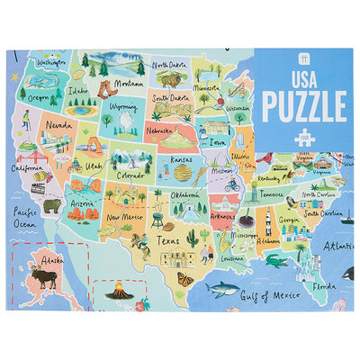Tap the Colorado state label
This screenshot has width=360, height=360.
pyautogui.click(x=132, y=176)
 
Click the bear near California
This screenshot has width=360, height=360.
pyautogui.click(x=52, y=206)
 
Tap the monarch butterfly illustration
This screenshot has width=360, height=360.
pyautogui.click(x=184, y=279)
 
